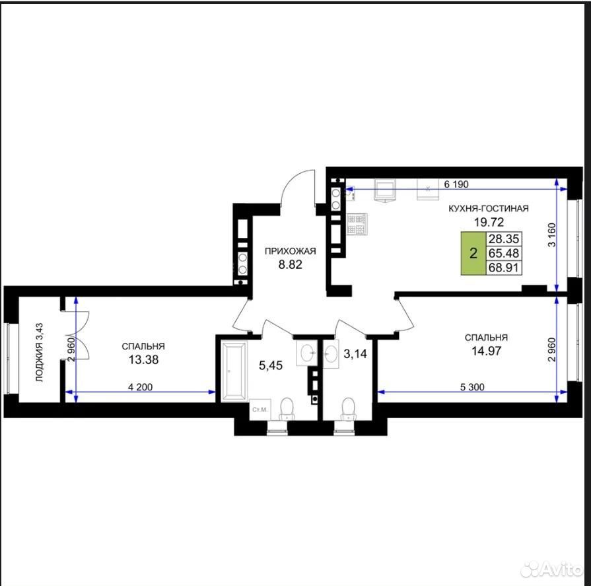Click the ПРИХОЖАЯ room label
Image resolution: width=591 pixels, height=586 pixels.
[290, 251]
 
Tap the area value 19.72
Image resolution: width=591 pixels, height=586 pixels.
[489, 222]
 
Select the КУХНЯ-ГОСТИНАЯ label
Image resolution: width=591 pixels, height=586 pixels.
[489, 209]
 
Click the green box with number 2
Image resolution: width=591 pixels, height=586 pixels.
[473, 254]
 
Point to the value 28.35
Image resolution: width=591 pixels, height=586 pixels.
[504, 238]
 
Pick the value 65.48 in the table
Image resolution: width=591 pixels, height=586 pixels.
[504, 253]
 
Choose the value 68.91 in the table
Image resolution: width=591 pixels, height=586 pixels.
[504, 268]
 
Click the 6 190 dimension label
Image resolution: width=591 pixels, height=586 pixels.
[456, 184]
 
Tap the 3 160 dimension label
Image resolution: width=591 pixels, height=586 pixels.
[551, 235]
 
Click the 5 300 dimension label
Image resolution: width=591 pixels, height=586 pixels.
[472, 387]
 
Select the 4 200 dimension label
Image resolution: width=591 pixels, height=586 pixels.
[140, 387]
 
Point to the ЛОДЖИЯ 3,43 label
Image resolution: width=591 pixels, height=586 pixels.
[40, 353]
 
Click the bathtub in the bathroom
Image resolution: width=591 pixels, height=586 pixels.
[234, 371]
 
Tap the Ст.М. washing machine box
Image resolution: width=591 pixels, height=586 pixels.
[260, 409]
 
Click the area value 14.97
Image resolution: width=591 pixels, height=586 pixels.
[486, 351]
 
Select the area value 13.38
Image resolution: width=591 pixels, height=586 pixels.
[143, 360]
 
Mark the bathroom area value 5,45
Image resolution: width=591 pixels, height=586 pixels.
[271, 365]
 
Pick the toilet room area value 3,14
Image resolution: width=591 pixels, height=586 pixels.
[355, 353]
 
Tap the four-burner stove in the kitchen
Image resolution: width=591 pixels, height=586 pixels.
[357, 225]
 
